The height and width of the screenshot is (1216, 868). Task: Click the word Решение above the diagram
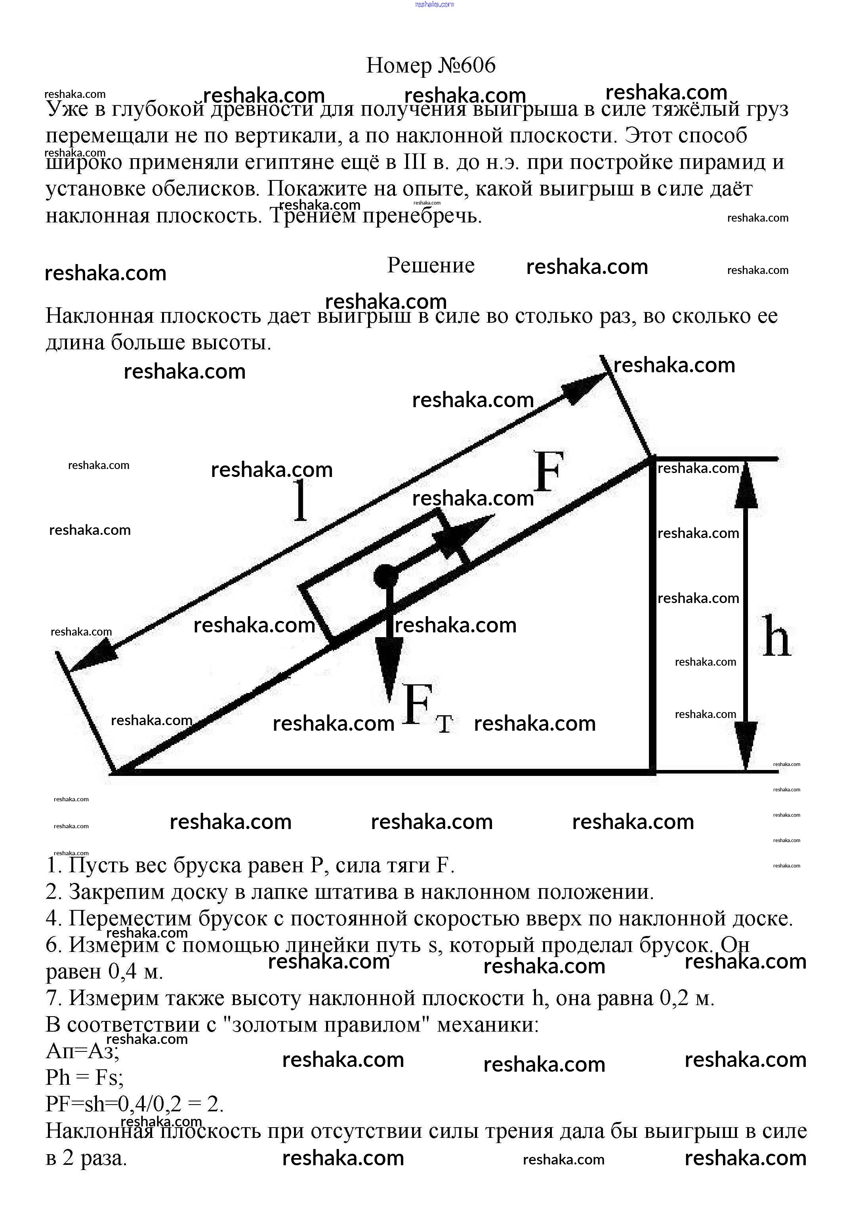431,265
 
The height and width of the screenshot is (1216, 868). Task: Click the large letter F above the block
548,472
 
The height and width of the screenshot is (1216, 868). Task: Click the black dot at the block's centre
385,576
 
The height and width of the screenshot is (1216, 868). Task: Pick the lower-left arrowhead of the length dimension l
88,657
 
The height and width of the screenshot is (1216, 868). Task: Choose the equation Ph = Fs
84,1078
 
